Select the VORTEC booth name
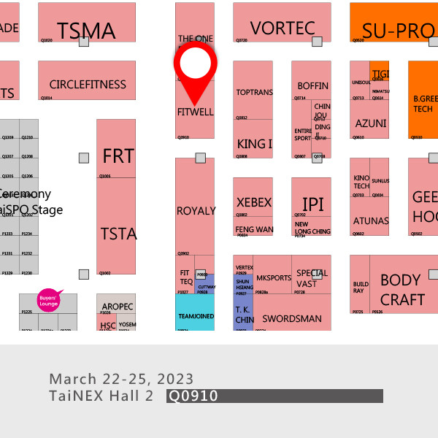click(x=283, y=28)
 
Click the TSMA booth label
click(x=86, y=31)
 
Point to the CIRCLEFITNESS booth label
click(x=88, y=85)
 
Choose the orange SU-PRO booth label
click(x=398, y=31)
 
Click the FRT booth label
click(x=118, y=156)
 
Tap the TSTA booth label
click(x=118, y=234)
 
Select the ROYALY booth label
click(x=196, y=211)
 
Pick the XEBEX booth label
click(x=254, y=202)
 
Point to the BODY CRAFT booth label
click(x=401, y=290)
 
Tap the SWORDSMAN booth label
click(x=292, y=319)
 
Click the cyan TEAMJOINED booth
click(x=195, y=317)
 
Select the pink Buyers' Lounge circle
click(x=47, y=299)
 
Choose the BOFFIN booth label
click(x=312, y=86)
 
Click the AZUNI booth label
click(x=371, y=123)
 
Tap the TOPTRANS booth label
click(x=254, y=93)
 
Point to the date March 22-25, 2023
click(x=121, y=379)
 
